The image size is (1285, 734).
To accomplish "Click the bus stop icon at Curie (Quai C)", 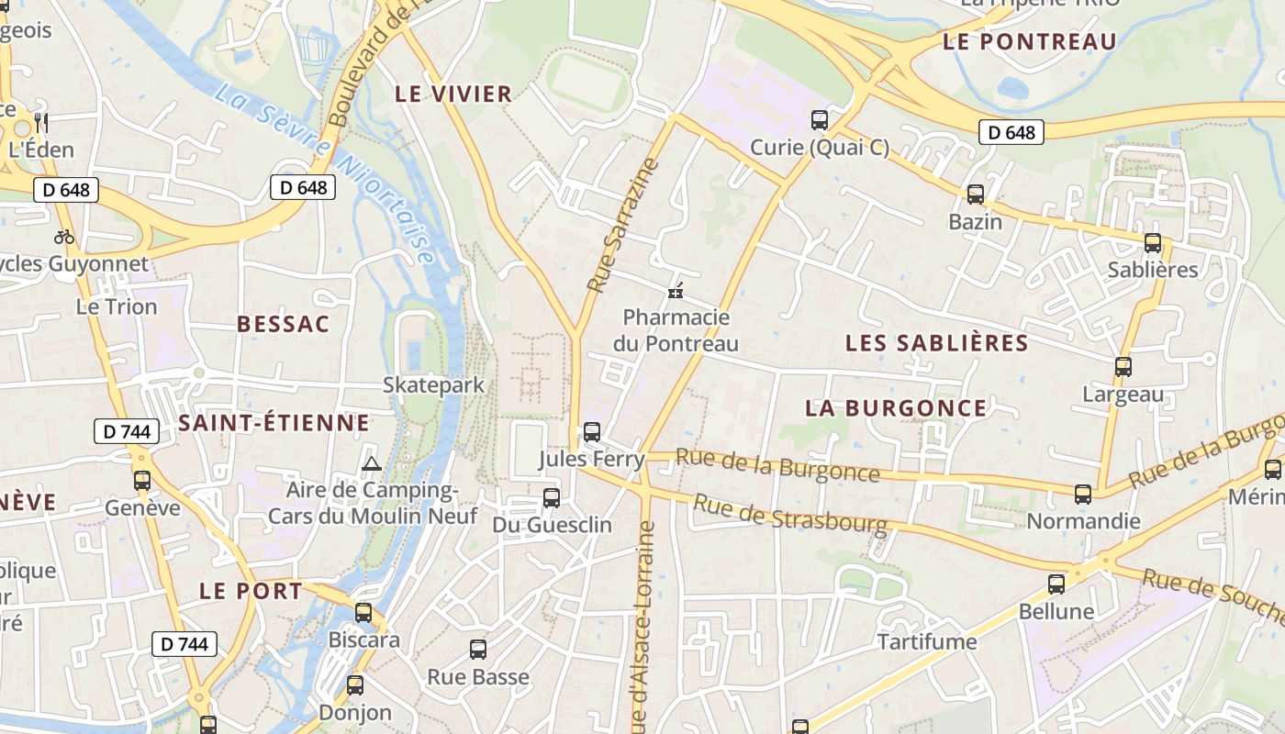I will pos(820,120).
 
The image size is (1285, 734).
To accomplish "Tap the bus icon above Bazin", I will pos(976,195).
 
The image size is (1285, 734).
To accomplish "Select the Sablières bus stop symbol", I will pos(1153,243).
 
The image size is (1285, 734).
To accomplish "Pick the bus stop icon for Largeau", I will pos(1123,367).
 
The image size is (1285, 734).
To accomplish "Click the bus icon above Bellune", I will pos(1056,584).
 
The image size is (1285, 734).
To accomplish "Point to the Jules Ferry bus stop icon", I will pos(592,431).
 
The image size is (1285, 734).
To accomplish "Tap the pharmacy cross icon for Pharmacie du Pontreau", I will pos(676,291).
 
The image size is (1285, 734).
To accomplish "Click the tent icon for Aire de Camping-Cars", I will pos(371,463).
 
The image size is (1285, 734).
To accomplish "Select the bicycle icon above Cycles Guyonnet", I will pos(64,237).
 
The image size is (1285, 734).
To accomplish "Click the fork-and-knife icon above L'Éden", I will pos(40,122).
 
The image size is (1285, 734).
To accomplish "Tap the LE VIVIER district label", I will pos(453,94).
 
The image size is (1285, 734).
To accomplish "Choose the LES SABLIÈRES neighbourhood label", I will pos(936,343).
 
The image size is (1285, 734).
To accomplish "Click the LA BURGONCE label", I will pos(896,408).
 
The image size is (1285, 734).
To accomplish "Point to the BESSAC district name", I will pos(283,324).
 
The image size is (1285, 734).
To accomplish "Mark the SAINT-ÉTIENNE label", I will pos(274,423).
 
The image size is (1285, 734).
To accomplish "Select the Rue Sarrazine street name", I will pos(623,226).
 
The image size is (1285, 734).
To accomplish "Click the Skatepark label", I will pos(433,385).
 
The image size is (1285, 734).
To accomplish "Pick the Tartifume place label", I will pos(927,641).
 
